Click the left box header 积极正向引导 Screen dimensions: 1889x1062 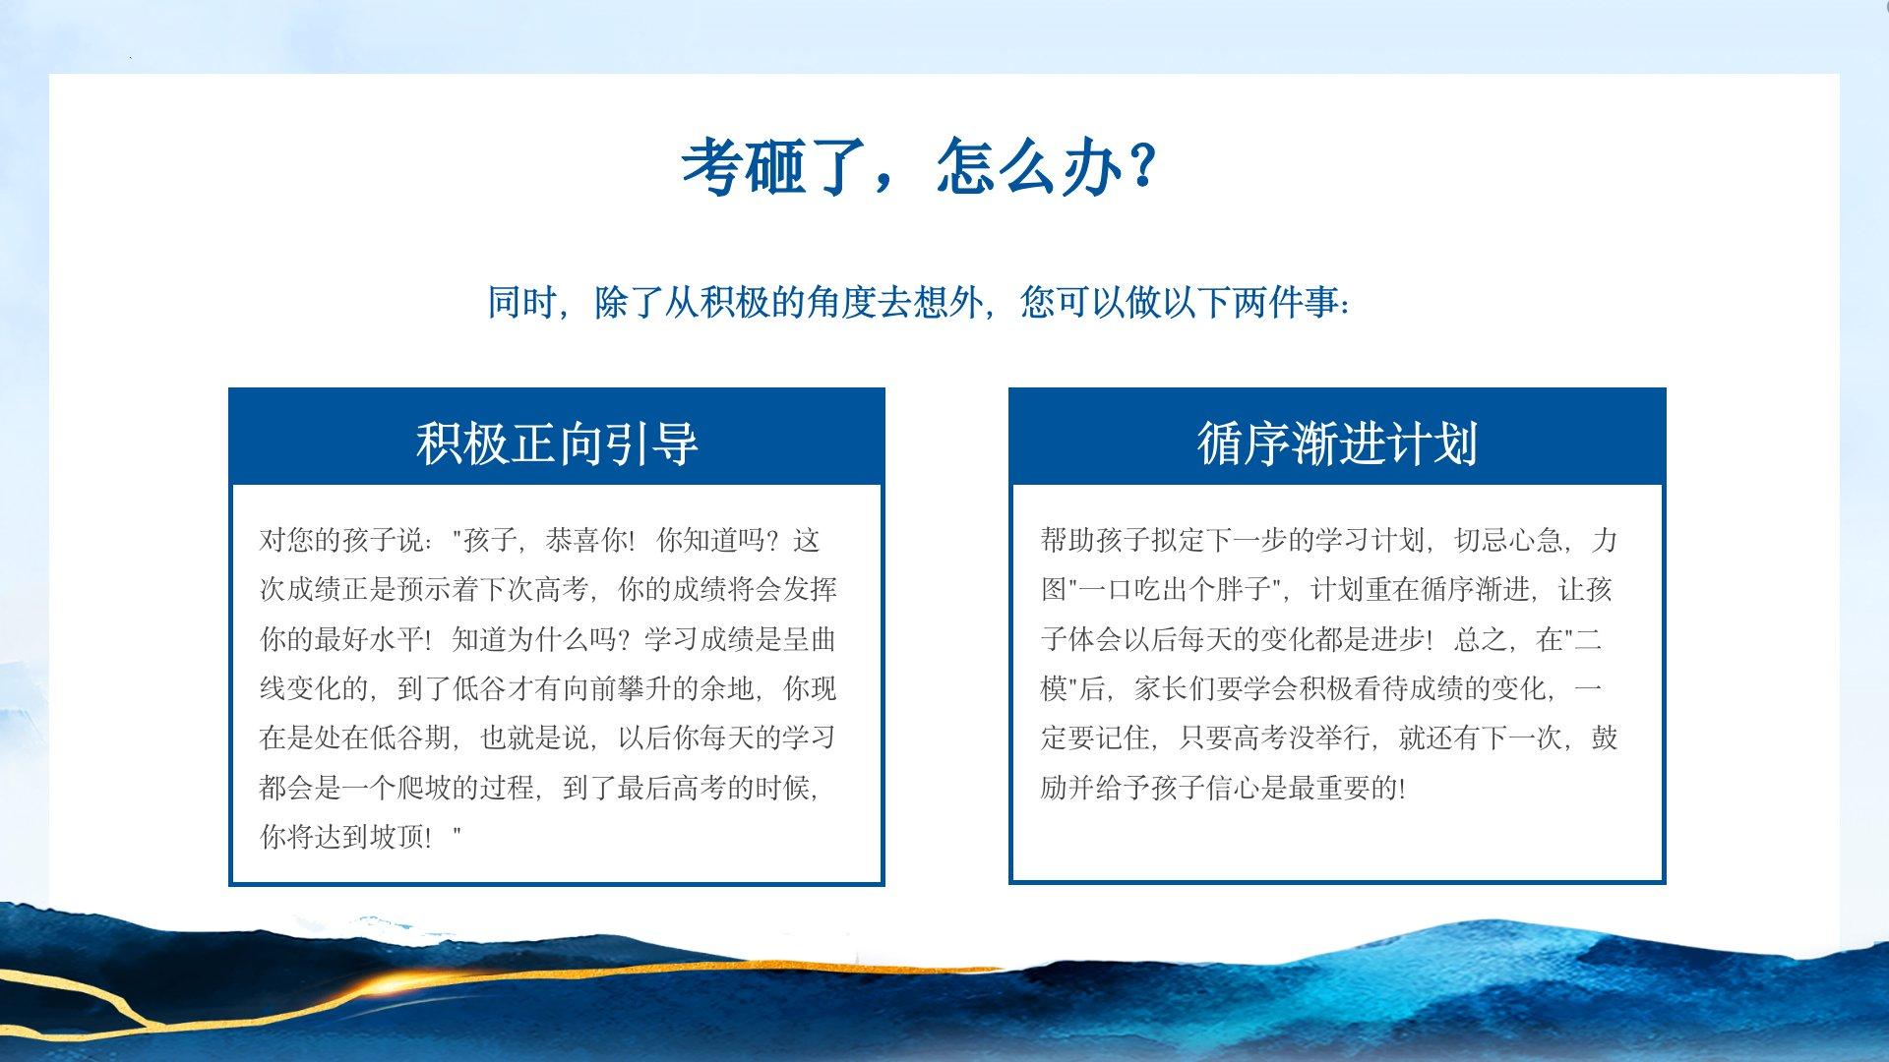click(x=557, y=442)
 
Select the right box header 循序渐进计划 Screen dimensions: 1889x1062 click(x=1337, y=442)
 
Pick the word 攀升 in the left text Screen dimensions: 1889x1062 click(x=645, y=689)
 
